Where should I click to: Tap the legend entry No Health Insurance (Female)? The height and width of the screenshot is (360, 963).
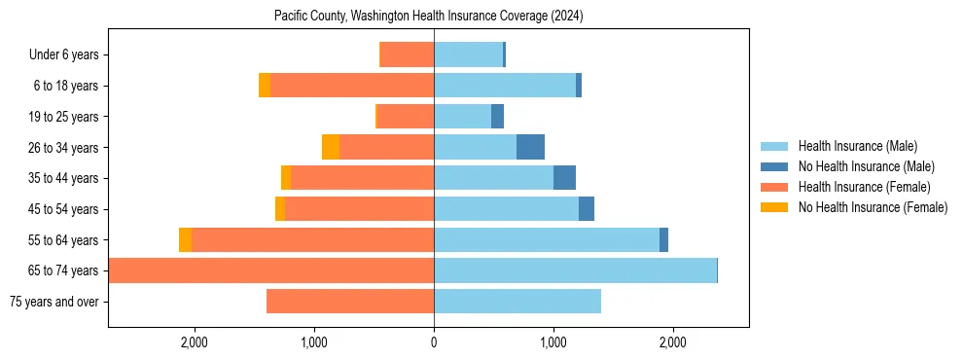point(873,207)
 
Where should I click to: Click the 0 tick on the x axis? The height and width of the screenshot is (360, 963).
point(434,342)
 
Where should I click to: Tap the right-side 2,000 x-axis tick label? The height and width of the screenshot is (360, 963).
point(673,342)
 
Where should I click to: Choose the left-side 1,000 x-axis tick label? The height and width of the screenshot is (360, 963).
point(314,342)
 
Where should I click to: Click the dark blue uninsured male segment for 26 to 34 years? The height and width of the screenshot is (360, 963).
point(530,147)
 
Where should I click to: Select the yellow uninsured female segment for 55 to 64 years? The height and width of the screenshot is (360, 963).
point(185,239)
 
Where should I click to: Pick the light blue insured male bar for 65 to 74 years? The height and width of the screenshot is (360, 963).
point(575,270)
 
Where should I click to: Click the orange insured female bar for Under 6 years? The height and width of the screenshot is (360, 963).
point(407,54)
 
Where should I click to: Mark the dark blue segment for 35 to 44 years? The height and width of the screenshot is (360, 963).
point(564,178)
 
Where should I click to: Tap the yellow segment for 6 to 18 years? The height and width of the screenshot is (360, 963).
point(265,86)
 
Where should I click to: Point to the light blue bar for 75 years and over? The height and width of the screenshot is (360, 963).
point(517,302)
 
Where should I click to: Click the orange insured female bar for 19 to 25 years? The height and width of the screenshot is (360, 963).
point(406,117)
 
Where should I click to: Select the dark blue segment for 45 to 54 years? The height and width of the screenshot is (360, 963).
point(587,209)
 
